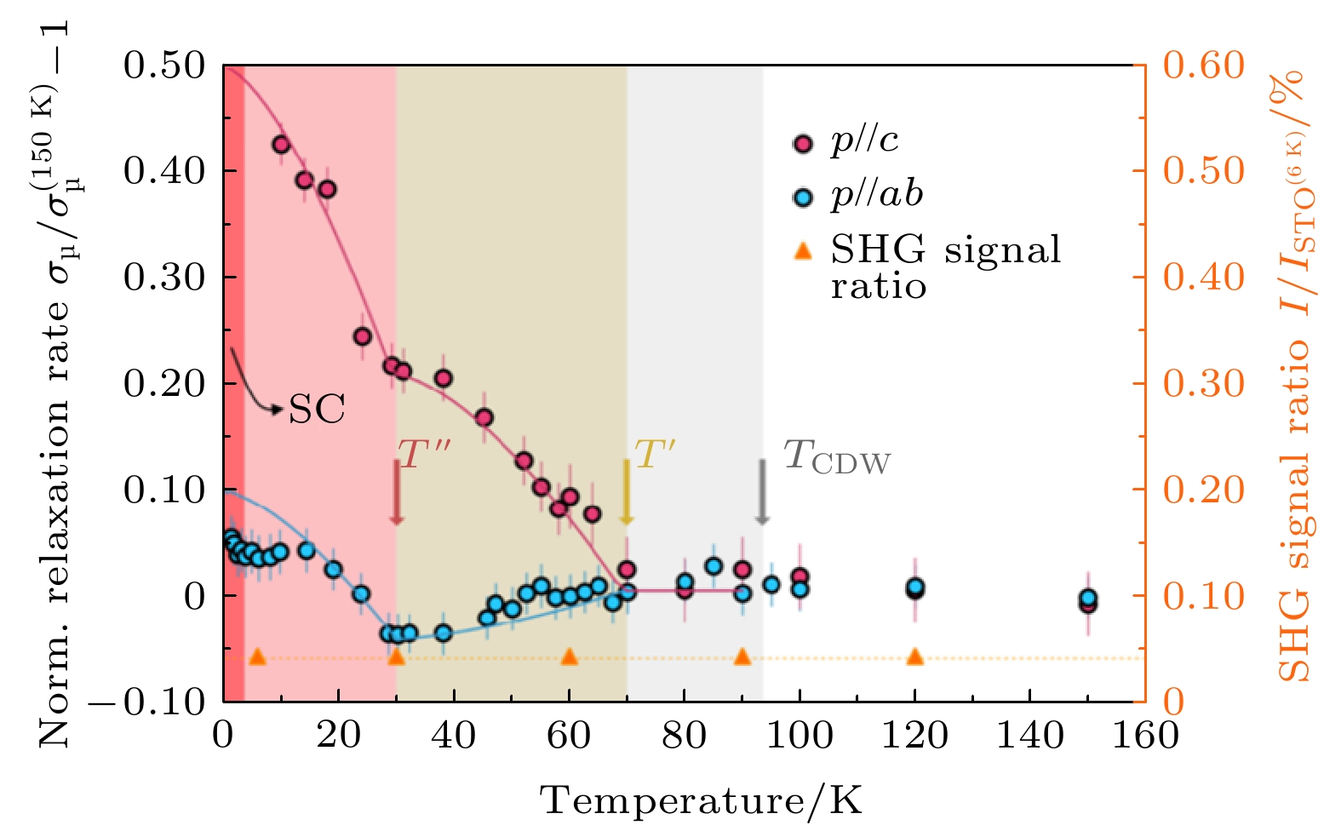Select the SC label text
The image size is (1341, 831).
pos(317,410)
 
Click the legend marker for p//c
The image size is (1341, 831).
pos(802,142)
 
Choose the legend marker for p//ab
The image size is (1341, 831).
pos(802,198)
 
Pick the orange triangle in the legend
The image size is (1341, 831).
pos(802,250)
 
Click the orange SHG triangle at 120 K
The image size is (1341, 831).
pos(915,656)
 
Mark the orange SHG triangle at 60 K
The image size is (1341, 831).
pos(570,656)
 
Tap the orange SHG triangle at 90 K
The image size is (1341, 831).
pos(742,656)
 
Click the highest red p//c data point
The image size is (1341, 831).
pos(281,145)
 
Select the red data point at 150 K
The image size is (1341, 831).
pos(1087,604)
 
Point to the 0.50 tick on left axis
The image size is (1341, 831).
pos(165,66)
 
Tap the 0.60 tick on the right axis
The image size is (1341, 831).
pos(1204,66)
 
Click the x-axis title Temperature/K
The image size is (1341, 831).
pos(702,801)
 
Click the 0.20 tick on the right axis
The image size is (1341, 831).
pos(1204,490)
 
